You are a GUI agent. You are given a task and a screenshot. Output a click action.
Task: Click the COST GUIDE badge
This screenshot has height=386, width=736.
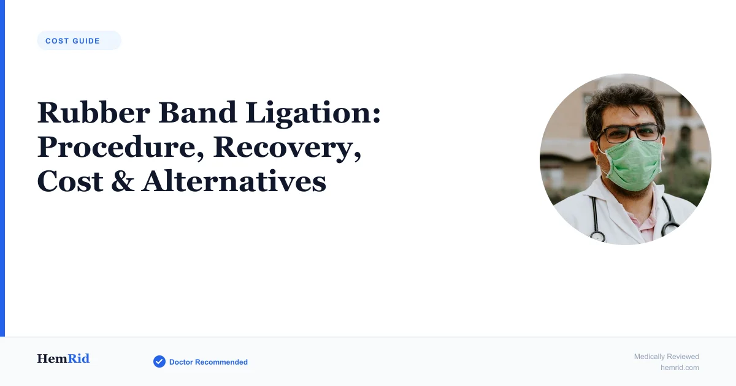click(x=79, y=40)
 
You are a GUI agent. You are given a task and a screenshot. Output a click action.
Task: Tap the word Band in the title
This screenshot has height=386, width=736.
click(x=197, y=113)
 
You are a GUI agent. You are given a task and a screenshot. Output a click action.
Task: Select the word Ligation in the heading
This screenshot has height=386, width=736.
click(x=313, y=114)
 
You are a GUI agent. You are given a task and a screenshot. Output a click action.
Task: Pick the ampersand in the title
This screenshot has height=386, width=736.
click(x=123, y=181)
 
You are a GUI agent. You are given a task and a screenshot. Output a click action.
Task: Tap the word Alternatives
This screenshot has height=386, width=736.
click(x=234, y=181)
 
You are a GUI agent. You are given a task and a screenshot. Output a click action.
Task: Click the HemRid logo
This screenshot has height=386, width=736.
click(x=63, y=358)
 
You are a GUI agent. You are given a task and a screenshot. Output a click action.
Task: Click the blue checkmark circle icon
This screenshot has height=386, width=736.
click(x=159, y=361)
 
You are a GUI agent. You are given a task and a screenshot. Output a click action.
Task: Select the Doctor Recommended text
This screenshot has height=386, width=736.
click(x=209, y=362)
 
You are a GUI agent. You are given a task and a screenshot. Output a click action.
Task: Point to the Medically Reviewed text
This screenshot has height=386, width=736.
click(x=666, y=357)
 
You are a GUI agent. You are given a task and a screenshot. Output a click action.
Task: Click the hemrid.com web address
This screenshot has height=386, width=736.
click(x=680, y=368)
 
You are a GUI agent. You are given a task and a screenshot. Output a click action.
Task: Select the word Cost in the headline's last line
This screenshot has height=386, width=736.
click(x=70, y=181)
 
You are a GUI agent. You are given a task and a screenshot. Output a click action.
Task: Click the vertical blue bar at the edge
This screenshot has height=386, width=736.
click(x=2, y=168)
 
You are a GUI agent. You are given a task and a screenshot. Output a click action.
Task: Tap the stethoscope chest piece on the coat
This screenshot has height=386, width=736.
click(x=597, y=237)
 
